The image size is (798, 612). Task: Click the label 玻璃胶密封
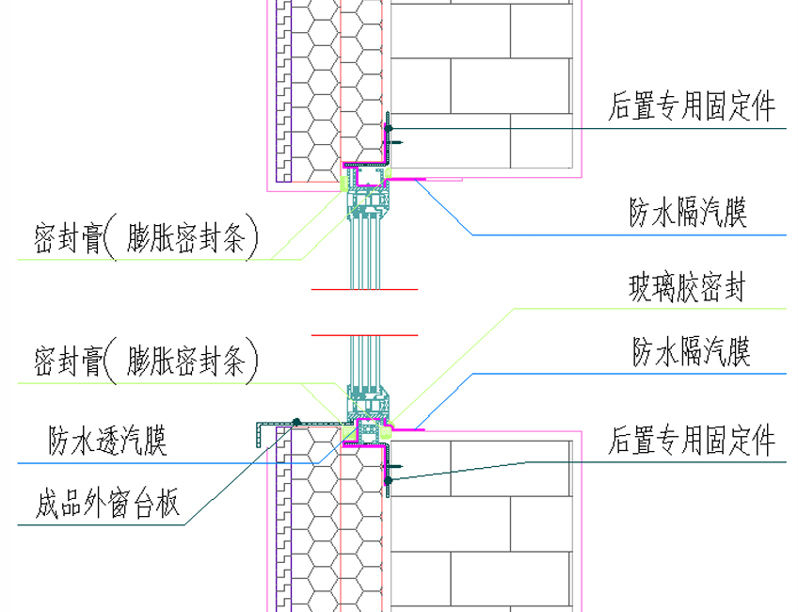[x=686, y=287]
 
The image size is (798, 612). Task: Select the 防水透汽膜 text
[x=107, y=440]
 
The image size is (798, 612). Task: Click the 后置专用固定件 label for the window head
[x=692, y=106]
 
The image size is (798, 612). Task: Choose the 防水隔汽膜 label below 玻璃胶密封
[x=691, y=352]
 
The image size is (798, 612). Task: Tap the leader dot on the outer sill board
[x=295, y=422]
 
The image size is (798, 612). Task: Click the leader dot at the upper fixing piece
[x=388, y=128]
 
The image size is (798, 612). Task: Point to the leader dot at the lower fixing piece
[x=388, y=480]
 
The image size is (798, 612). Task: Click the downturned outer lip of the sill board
[x=257, y=434]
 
